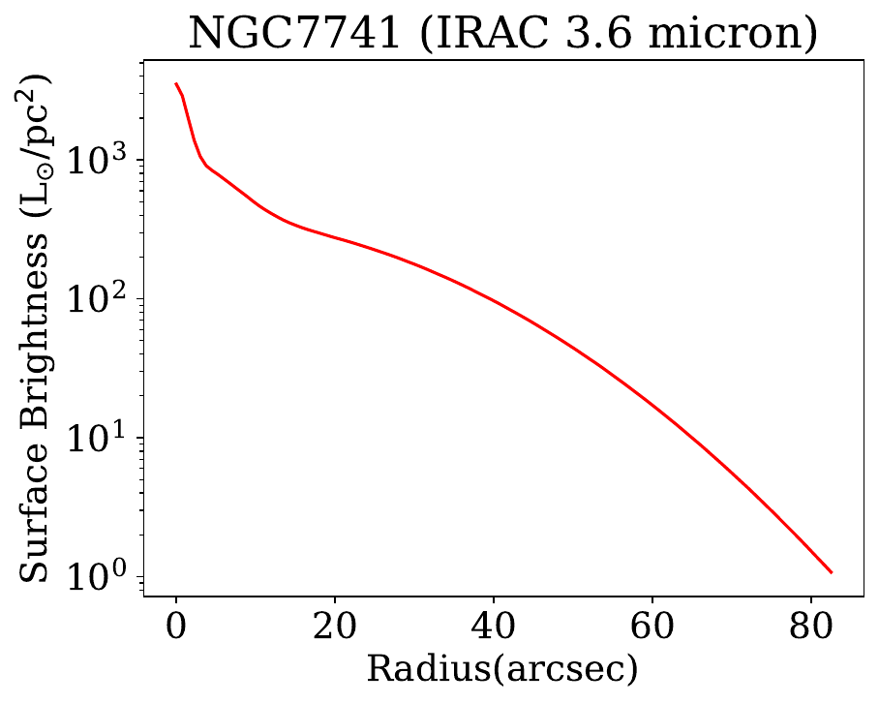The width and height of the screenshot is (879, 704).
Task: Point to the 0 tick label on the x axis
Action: click(x=175, y=628)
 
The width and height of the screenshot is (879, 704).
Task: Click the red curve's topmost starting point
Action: click(x=175, y=83)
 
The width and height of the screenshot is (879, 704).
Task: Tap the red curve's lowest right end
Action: click(x=832, y=572)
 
